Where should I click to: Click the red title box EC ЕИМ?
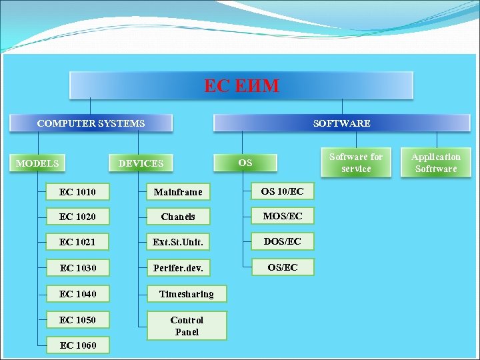(x=241, y=85)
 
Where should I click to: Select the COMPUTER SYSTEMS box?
(x=91, y=123)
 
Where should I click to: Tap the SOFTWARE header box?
(x=341, y=123)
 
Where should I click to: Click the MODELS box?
(x=37, y=163)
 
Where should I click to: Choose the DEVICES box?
(x=141, y=163)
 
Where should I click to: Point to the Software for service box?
(x=356, y=163)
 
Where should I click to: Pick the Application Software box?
(x=436, y=163)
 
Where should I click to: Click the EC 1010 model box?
(x=77, y=192)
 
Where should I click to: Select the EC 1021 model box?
(x=77, y=242)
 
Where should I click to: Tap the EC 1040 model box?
(x=77, y=294)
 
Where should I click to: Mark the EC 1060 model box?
(x=77, y=345)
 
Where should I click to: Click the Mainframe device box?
(x=178, y=192)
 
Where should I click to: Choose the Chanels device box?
(x=178, y=217)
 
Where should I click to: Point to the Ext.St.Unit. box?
(x=178, y=243)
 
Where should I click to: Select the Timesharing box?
(x=186, y=294)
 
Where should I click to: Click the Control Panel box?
(x=186, y=326)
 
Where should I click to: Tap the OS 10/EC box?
(x=282, y=191)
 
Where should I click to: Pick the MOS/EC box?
(x=282, y=216)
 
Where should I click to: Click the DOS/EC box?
(x=282, y=241)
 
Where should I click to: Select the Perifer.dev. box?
(x=178, y=268)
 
